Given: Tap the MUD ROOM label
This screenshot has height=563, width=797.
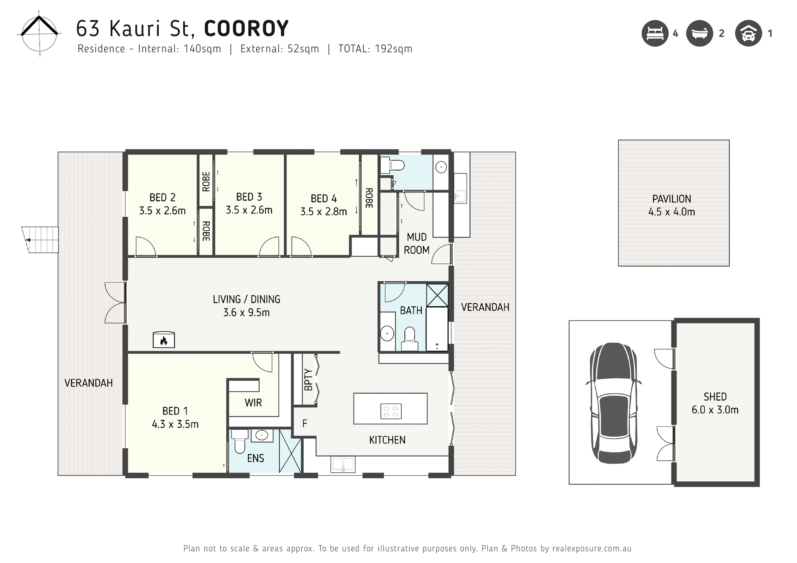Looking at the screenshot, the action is click(x=417, y=244).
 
